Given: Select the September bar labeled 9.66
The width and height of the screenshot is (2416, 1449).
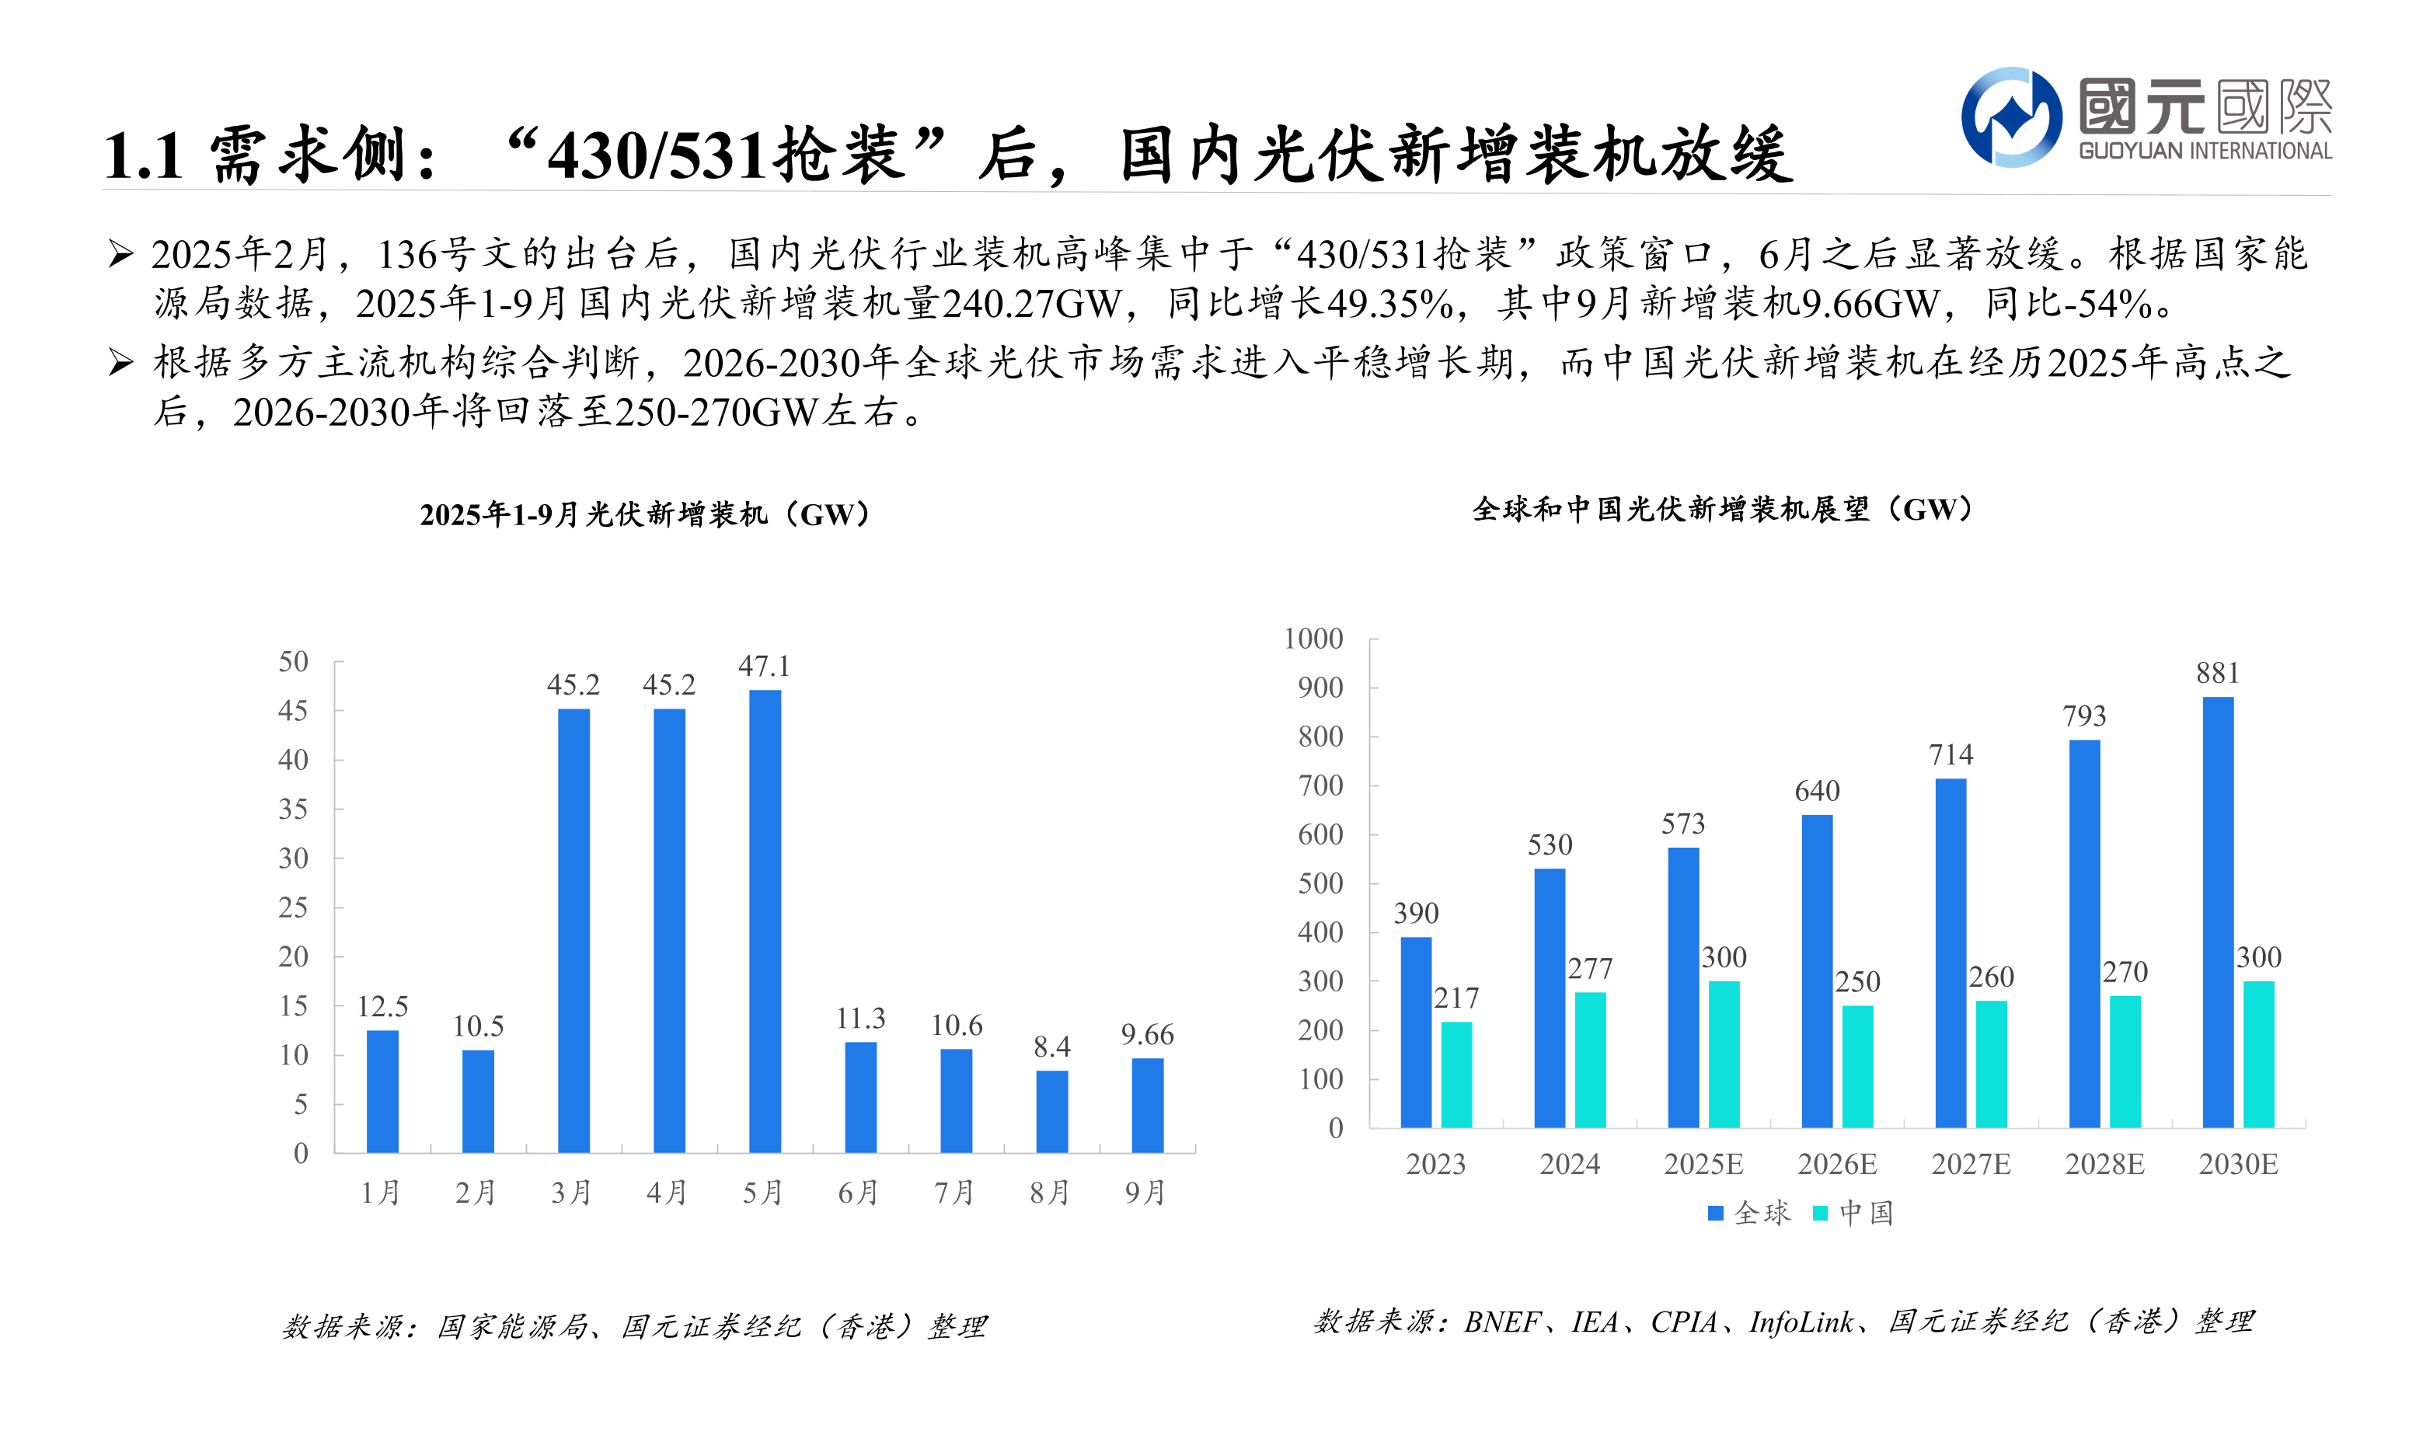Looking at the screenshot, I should (1148, 1106).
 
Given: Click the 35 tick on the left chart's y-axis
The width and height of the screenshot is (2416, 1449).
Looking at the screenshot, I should (293, 810).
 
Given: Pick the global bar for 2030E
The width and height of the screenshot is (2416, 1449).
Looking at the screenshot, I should (2218, 912).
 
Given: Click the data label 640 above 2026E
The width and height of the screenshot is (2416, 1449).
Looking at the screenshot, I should (1816, 791).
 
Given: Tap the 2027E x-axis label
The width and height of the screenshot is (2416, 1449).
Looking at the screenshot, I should (1971, 1165).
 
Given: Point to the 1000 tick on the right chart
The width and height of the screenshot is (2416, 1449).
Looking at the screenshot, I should (1313, 639).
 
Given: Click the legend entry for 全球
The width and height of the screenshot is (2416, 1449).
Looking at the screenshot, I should (1750, 1214).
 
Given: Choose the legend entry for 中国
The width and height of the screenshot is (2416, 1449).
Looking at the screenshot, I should (1854, 1214).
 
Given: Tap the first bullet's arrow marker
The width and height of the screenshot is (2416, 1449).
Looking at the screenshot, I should (121, 254).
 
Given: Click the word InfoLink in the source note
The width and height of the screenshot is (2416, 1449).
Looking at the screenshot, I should (1801, 1322).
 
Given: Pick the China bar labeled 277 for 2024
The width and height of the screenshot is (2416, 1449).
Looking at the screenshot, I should (1590, 1061).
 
